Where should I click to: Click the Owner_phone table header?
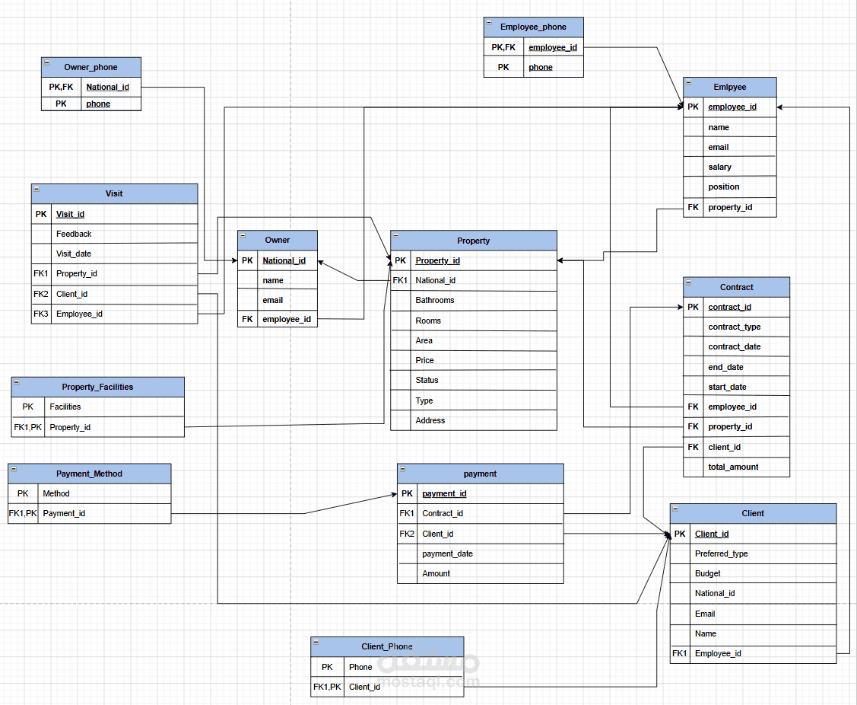point(90,67)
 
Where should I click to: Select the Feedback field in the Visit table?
point(74,234)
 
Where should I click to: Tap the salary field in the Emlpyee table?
point(719,167)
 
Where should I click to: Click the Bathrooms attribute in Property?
point(434,300)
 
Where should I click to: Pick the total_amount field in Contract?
point(733,467)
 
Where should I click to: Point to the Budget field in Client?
point(707,573)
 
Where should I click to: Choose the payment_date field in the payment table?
point(447,553)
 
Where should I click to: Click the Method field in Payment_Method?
point(56,493)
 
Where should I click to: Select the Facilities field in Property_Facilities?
point(65,407)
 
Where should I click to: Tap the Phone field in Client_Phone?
point(360,667)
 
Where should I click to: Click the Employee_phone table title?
point(533,27)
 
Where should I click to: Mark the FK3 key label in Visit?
point(41,314)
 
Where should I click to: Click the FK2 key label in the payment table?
point(407,534)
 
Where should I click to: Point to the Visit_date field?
point(74,254)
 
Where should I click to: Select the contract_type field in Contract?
point(734,327)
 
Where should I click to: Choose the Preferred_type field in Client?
point(721,553)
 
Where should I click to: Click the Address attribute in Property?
point(430,420)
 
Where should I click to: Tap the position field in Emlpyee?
point(724,187)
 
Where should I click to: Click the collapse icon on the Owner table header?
point(243,236)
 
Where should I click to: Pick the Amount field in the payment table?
point(436,573)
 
